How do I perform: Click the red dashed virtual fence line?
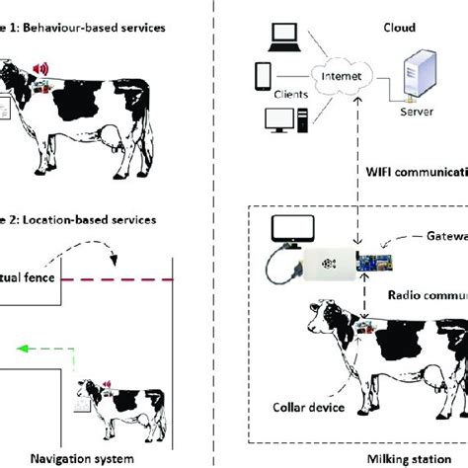pyautogui.click(x=117, y=280)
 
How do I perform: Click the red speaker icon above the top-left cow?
pyautogui.click(x=40, y=68)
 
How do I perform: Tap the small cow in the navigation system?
pyautogui.click(x=109, y=395)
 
